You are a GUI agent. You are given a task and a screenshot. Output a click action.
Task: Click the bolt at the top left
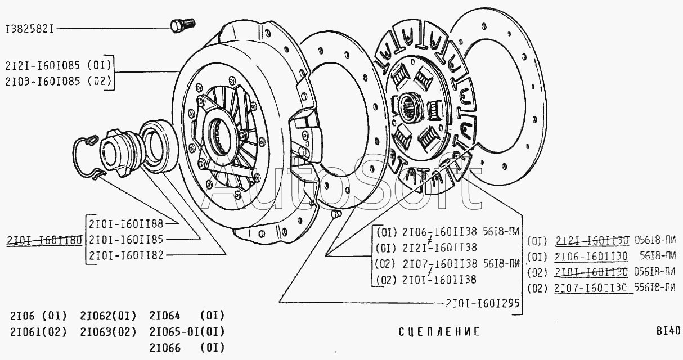tap(182, 25)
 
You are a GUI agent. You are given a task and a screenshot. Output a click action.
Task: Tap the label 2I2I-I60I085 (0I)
tap(59, 65)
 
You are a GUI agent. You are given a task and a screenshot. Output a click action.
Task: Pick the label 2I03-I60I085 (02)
tap(59, 80)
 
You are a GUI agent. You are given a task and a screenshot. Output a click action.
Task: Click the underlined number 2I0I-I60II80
tap(44, 240)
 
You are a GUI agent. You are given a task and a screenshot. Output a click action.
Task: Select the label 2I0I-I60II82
tap(126, 255)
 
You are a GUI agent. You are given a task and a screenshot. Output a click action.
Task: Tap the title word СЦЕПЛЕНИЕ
tap(439, 332)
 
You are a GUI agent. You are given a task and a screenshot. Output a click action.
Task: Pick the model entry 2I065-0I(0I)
tap(187, 331)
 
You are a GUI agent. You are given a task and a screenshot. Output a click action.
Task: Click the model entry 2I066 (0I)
tap(187, 348)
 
